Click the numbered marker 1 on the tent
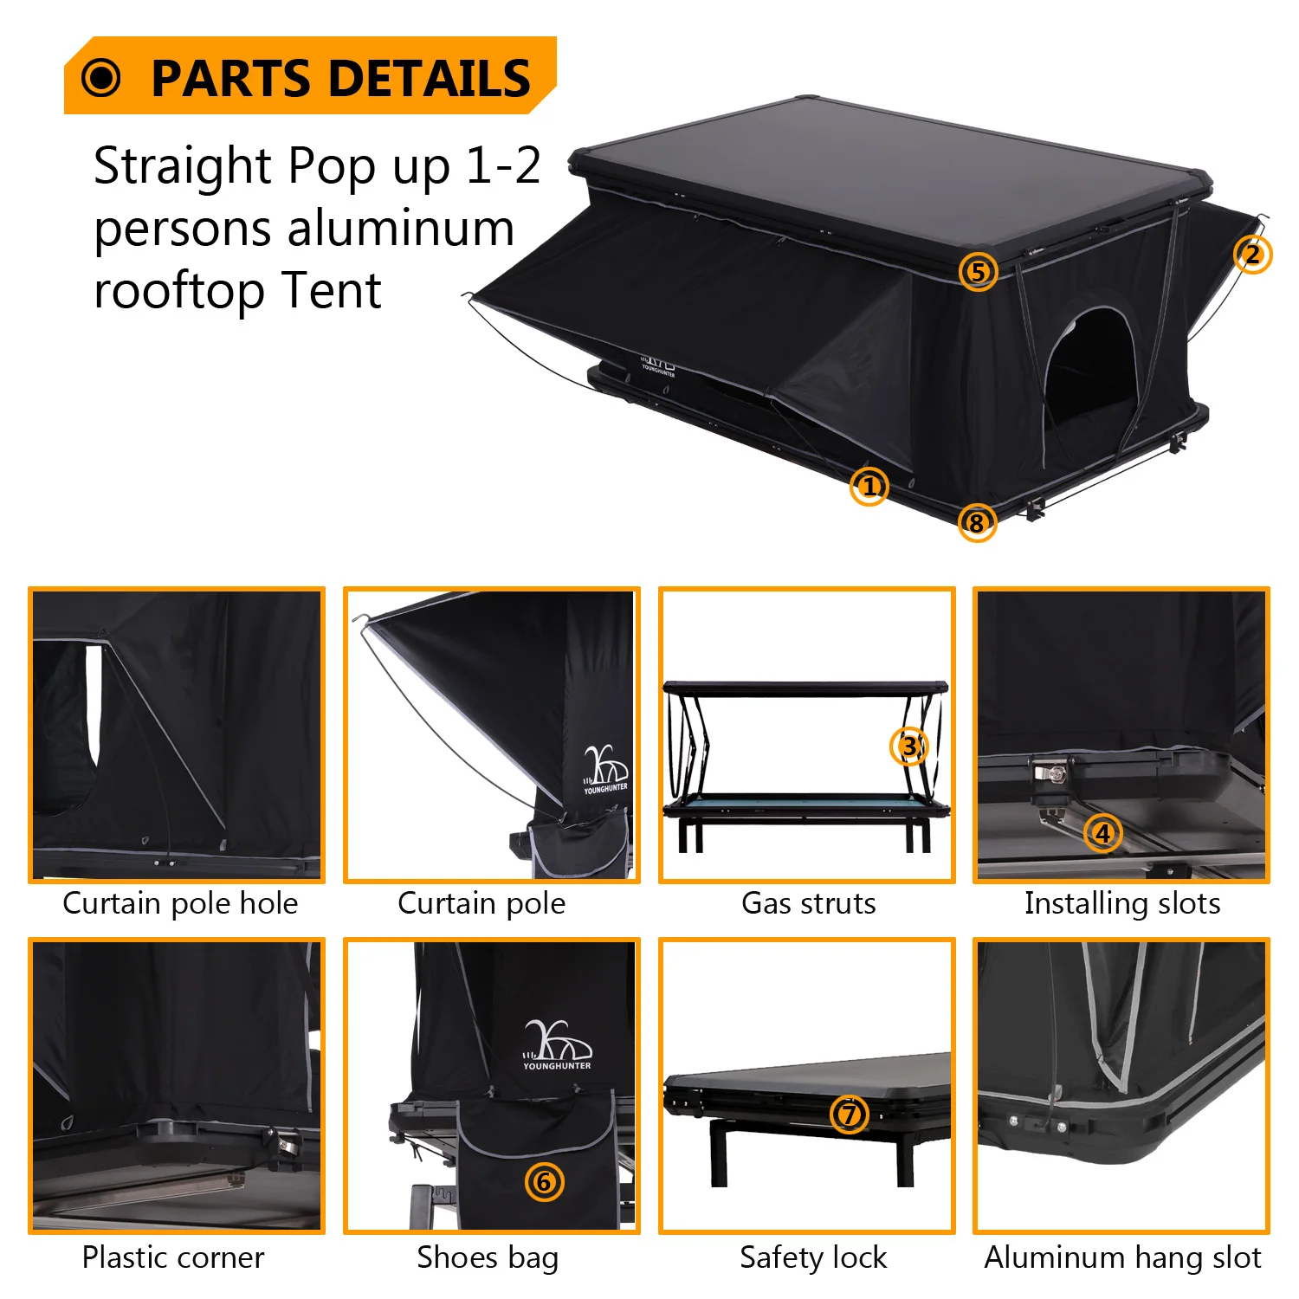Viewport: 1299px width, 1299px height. point(869,487)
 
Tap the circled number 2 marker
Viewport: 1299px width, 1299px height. point(1252,255)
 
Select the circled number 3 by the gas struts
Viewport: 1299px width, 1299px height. point(908,746)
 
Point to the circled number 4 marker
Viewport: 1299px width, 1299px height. point(1102,833)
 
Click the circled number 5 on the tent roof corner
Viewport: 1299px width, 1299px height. point(978,272)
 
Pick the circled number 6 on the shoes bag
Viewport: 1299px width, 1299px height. point(544,1181)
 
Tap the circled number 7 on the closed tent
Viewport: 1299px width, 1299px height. point(849,1114)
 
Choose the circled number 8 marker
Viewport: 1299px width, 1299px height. point(977,523)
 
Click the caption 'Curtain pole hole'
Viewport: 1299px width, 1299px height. point(180,903)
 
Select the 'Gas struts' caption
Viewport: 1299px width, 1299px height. point(808,903)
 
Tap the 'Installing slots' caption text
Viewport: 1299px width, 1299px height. point(1121,903)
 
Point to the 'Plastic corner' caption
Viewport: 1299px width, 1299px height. point(173,1257)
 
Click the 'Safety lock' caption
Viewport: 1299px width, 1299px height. point(813,1257)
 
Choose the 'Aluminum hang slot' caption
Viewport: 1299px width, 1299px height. point(1122,1257)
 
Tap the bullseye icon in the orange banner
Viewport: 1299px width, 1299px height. point(101,78)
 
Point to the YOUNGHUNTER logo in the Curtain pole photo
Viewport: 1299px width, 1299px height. point(605,770)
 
